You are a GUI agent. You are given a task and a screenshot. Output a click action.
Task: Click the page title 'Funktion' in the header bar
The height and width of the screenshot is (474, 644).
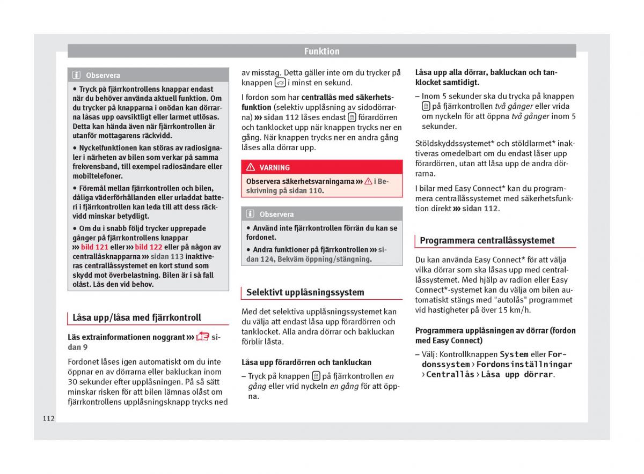(x=321, y=51)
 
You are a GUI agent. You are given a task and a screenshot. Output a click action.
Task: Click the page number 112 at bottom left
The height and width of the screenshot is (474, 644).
(x=48, y=418)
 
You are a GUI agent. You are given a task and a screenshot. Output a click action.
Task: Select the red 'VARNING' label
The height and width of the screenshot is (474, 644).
(x=274, y=168)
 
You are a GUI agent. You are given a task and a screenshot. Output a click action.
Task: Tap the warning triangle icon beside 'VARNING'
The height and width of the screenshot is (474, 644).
(x=250, y=167)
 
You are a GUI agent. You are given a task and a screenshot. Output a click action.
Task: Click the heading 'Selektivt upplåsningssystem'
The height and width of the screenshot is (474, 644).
(x=305, y=292)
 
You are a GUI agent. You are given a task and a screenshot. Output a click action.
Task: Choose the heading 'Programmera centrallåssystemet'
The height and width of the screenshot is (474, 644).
(x=487, y=241)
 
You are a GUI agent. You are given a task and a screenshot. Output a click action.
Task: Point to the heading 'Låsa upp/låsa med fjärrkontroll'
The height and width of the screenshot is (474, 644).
(x=137, y=317)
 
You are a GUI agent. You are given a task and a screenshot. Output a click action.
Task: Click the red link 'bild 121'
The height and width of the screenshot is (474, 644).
(x=94, y=247)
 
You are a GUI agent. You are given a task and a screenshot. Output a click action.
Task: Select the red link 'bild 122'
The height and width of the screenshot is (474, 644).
(x=148, y=247)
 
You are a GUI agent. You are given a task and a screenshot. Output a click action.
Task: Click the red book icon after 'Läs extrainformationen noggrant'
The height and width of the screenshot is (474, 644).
(x=202, y=337)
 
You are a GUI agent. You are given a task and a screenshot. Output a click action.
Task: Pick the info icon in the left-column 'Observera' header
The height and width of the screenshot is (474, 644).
(x=77, y=76)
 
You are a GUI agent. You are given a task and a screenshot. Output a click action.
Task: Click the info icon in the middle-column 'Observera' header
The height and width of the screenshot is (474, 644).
(x=250, y=214)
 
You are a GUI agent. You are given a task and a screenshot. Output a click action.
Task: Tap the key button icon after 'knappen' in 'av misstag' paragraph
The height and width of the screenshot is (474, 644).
(x=280, y=83)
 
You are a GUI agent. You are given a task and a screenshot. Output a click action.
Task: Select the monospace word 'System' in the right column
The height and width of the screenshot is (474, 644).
(x=514, y=354)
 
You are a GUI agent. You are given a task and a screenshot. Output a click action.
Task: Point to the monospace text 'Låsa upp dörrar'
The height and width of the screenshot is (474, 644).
(x=516, y=375)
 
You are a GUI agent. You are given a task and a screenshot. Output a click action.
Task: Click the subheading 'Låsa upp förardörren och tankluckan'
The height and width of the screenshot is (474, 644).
(x=306, y=362)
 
